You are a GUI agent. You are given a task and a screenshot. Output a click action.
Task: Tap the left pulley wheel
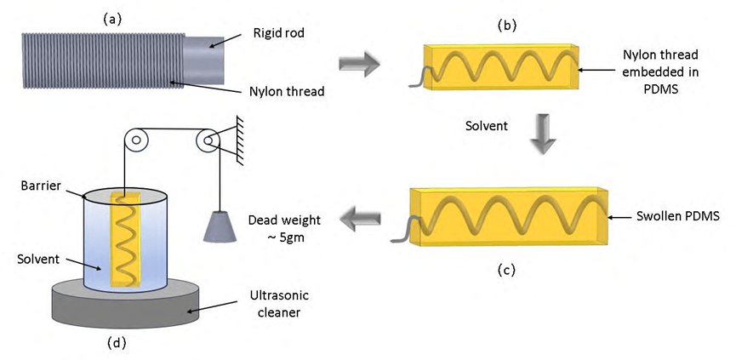coord(134,140)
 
